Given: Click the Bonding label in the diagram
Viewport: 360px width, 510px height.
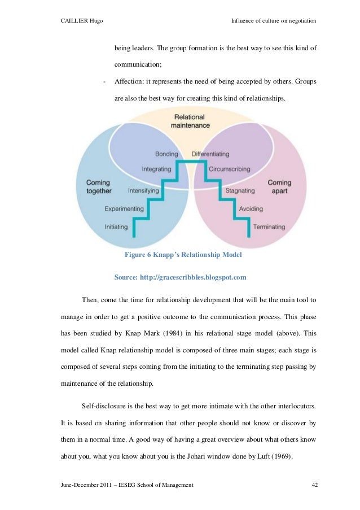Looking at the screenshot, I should pyautogui.click(x=166, y=154).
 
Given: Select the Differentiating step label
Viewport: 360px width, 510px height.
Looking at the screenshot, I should pyautogui.click(x=210, y=154).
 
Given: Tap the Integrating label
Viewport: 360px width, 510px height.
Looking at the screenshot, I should pyautogui.click(x=156, y=169).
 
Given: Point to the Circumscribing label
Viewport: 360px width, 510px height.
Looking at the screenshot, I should pyautogui.click(x=229, y=169).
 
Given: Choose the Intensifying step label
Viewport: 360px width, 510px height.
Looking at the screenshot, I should pyautogui.click(x=143, y=191).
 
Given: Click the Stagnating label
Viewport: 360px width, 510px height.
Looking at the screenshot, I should pyautogui.click(x=240, y=191).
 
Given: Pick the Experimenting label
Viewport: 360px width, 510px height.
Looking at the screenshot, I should pyautogui.click(x=124, y=209).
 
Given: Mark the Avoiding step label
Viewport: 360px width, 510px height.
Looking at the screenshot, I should pyautogui.click(x=251, y=209).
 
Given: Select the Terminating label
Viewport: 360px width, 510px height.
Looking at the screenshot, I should pyautogui.click(x=269, y=227).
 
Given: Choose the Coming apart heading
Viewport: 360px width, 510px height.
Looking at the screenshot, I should pyautogui.click(x=279, y=187).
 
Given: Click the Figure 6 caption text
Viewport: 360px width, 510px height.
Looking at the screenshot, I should pyautogui.click(x=183, y=255).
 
